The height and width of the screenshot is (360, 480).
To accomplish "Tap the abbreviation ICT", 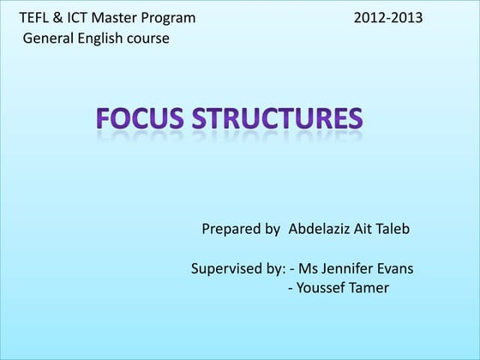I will click(79, 18).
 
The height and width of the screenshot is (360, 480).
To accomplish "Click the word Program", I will click(169, 18).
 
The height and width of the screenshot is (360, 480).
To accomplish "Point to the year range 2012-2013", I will click(387, 18).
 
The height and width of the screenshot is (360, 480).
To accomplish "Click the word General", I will click(48, 39).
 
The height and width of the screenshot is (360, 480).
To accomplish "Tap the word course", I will click(148, 39).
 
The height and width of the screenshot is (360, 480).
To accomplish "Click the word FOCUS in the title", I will click(144, 117).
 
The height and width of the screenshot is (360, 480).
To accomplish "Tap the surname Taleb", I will click(391, 229).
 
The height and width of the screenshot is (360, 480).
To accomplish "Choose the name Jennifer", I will click(348, 268).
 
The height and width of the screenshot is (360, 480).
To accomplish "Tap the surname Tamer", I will click(369, 288).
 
